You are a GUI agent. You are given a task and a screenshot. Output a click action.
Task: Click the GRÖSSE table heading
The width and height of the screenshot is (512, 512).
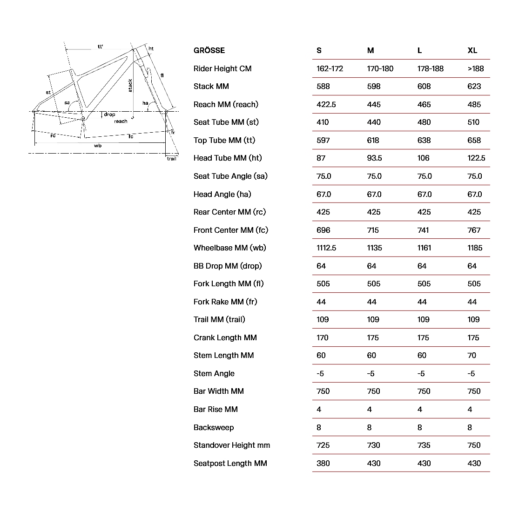click(x=209, y=50)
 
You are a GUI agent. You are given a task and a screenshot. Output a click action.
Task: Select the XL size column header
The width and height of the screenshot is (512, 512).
click(x=472, y=50)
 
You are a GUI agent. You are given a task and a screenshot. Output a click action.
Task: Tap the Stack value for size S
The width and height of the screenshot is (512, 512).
click(x=323, y=86)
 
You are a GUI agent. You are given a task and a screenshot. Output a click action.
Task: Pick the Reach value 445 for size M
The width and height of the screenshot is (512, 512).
click(x=373, y=104)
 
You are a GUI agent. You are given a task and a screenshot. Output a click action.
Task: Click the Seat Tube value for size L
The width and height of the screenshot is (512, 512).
click(x=424, y=122)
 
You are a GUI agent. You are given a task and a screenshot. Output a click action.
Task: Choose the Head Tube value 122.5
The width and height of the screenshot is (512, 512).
click(x=476, y=158)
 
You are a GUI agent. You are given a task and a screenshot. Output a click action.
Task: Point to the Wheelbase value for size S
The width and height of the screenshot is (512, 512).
click(x=326, y=248)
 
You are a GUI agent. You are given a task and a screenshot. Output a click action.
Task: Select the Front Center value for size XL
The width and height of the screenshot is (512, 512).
click(x=474, y=230)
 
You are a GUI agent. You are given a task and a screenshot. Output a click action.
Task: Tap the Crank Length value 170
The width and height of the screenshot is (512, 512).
click(x=323, y=337)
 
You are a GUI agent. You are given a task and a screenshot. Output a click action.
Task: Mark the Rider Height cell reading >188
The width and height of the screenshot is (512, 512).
click(x=476, y=68)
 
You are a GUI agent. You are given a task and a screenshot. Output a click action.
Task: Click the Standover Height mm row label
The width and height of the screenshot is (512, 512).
click(x=231, y=445)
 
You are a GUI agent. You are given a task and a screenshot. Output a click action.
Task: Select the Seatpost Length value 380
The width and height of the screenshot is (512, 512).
click(x=323, y=463)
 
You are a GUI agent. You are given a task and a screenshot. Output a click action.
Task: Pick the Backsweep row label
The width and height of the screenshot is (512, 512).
click(x=214, y=427)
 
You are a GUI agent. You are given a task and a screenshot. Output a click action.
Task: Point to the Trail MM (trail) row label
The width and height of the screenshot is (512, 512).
click(x=219, y=319)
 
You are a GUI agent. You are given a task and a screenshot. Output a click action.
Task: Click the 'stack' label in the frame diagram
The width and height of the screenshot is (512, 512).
click(x=130, y=85)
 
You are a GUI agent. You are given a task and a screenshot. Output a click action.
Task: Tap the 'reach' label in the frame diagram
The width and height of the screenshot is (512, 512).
click(x=121, y=121)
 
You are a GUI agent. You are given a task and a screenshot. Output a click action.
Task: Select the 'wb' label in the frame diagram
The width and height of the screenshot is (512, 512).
click(x=98, y=146)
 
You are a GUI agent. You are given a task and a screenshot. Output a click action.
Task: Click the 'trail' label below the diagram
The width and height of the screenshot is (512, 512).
click(x=172, y=159)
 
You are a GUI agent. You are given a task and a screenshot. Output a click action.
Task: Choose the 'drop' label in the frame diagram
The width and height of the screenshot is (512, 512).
click(x=109, y=115)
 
